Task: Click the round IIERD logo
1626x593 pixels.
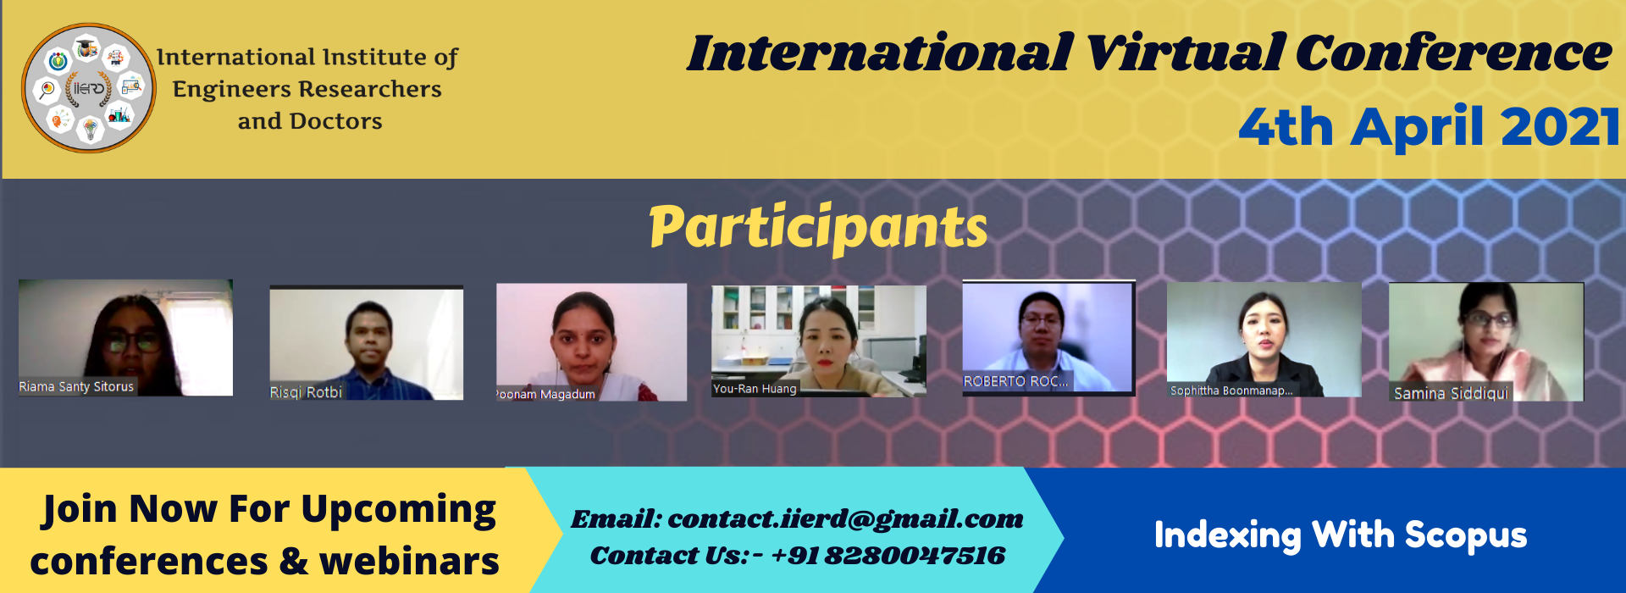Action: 88,88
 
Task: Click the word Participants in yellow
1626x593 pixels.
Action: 818,227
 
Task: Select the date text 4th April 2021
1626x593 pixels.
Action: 1430,127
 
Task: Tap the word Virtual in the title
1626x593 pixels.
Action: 1185,53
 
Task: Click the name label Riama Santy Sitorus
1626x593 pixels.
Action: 76,387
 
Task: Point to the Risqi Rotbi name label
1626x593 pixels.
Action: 306,392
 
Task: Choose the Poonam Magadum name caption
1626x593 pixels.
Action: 546,395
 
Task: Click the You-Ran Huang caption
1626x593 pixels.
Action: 755,389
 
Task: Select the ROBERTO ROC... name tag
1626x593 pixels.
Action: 1015,382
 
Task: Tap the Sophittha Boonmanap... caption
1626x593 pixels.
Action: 1231,391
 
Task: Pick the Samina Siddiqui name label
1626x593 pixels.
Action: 1451,393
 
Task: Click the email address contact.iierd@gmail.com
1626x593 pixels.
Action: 845,518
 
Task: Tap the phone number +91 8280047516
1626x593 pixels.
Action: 888,556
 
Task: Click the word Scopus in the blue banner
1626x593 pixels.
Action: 1466,535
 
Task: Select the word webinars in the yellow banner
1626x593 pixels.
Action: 409,562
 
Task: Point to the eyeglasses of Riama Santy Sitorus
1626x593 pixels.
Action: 132,342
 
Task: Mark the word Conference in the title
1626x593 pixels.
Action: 1453,53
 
